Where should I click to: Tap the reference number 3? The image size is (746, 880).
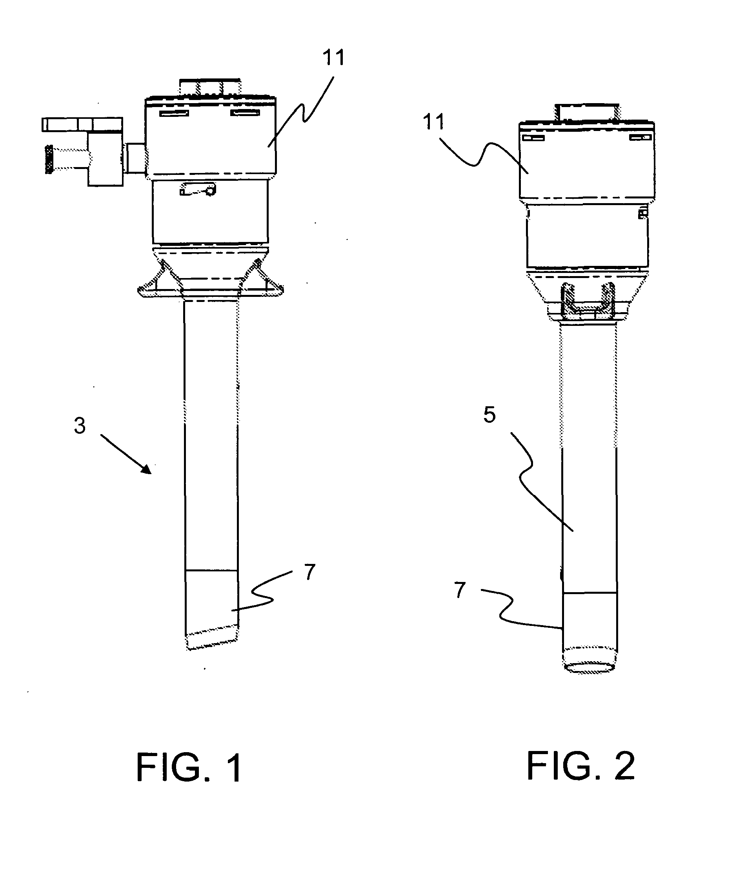click(x=80, y=425)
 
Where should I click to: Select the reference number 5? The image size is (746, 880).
click(x=489, y=415)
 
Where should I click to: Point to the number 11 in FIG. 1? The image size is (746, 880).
click(x=334, y=58)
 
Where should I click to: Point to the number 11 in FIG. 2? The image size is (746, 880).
click(x=433, y=122)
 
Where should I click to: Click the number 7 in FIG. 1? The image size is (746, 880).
click(x=310, y=572)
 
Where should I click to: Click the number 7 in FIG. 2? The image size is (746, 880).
click(x=460, y=589)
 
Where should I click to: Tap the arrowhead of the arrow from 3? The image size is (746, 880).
click(x=146, y=469)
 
